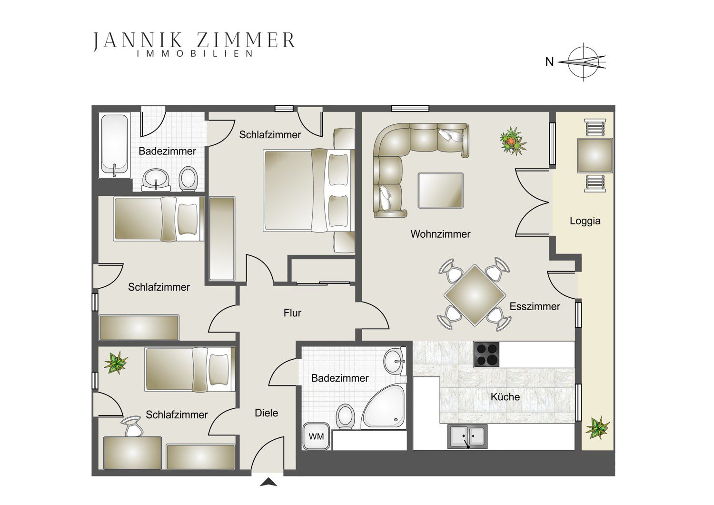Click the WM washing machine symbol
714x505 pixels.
click(x=316, y=436)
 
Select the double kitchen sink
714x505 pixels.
click(x=467, y=436)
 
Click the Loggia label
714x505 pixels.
click(x=585, y=221)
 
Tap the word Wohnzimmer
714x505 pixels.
click(x=440, y=234)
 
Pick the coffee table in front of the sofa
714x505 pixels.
click(x=440, y=191)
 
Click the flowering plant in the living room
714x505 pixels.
click(x=513, y=141)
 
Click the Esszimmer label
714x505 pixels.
click(x=535, y=306)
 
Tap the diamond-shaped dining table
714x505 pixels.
click(x=475, y=295)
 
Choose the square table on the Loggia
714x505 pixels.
click(x=595, y=155)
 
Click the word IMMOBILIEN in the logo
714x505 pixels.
click(x=195, y=53)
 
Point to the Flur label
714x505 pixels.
click(x=292, y=313)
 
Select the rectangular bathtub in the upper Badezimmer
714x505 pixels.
click(x=115, y=145)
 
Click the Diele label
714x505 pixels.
click(x=267, y=413)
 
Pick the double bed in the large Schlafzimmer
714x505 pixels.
click(x=308, y=190)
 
